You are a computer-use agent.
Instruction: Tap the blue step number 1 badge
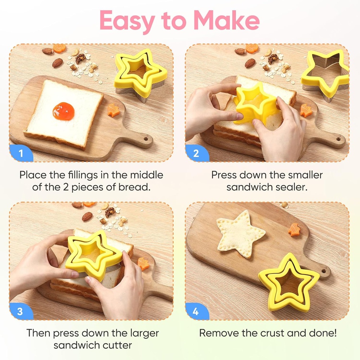21,153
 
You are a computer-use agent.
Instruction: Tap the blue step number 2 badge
197,153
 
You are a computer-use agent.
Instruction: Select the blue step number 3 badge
20,311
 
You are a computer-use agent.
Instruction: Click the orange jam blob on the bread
64,111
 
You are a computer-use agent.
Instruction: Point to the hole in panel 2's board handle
338,139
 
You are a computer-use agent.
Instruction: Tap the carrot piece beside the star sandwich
294,230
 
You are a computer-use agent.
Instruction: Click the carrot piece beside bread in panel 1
114,110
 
